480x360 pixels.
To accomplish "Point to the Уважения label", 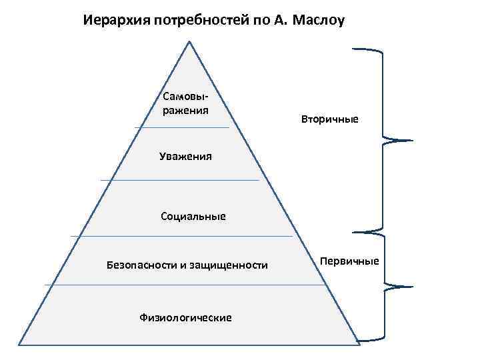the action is point(185,157).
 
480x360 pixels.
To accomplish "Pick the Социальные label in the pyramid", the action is point(193,216).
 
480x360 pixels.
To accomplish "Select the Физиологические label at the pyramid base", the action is point(186,317).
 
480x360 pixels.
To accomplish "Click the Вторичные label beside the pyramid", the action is point(330,119).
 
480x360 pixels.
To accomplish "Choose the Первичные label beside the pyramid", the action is point(349,260).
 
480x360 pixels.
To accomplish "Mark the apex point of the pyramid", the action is point(190,42).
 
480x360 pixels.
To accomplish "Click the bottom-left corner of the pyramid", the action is point(19,345).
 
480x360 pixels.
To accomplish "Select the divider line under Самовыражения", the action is point(181,127).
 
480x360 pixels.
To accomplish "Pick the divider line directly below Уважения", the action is point(179,180).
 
